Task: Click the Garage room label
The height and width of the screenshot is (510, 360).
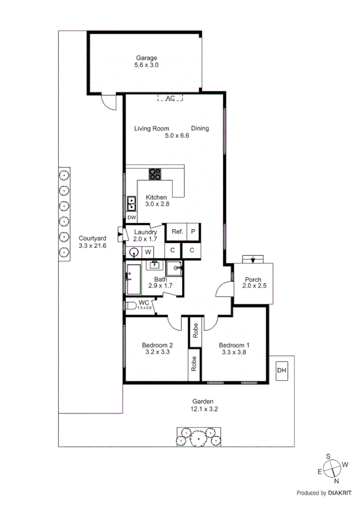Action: pyautogui.click(x=146, y=58)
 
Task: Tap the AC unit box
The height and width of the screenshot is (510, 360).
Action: pyautogui.click(x=170, y=97)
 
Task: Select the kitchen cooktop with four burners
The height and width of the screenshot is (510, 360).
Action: pyautogui.click(x=155, y=174)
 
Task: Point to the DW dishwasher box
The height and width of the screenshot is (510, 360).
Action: pyautogui.click(x=132, y=218)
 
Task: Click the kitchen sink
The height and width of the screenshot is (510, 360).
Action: pyautogui.click(x=131, y=203)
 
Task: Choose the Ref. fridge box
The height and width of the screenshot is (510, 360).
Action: pyautogui.click(x=177, y=232)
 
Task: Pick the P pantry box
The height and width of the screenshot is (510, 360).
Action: pyautogui.click(x=194, y=232)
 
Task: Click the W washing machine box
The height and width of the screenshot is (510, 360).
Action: pyautogui.click(x=147, y=251)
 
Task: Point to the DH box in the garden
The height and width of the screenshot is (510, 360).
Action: pyautogui.click(x=281, y=370)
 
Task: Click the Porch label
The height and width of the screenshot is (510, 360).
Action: pyautogui.click(x=252, y=279)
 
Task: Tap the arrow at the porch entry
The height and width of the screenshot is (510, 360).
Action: pyautogui.click(x=253, y=260)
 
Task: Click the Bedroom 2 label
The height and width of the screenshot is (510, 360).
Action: pyautogui.click(x=157, y=345)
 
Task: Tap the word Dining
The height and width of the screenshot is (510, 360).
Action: pyautogui.click(x=200, y=128)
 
